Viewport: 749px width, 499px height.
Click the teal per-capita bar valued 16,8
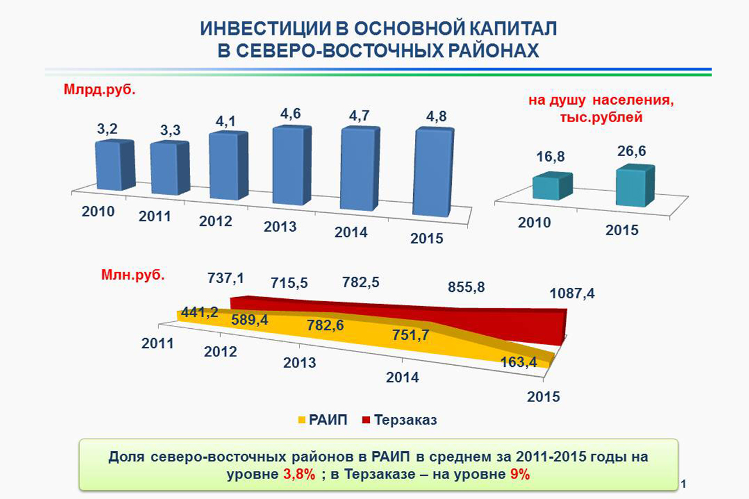(x=552, y=187)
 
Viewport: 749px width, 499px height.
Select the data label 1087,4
(x=572, y=294)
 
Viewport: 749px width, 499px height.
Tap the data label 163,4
(x=519, y=363)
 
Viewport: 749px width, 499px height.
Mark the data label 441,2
(x=199, y=312)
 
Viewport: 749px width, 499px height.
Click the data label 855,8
(x=466, y=287)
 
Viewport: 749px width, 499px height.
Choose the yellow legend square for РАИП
(x=302, y=420)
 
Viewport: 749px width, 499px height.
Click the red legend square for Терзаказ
(x=366, y=420)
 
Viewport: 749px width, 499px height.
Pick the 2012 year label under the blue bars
(x=215, y=221)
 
